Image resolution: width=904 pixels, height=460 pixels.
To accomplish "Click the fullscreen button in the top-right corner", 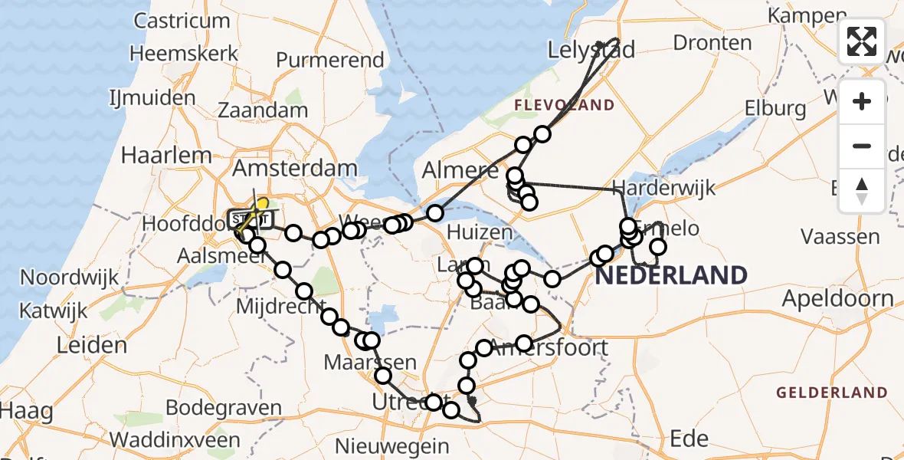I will click(862, 41).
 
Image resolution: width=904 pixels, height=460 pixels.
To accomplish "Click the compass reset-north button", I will click(862, 191).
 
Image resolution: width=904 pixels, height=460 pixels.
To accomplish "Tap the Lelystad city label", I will click(591, 51).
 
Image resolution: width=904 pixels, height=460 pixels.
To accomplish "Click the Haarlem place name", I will click(166, 156).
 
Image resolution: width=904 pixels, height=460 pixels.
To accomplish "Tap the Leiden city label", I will click(92, 345).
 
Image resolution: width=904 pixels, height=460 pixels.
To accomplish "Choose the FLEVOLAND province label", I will click(564, 105).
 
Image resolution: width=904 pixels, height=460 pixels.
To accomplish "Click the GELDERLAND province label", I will click(831, 393).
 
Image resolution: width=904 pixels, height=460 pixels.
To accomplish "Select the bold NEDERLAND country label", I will click(671, 274).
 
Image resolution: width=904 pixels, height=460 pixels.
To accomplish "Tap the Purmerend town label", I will click(329, 60).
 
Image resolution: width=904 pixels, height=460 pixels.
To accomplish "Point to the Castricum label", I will click(183, 20).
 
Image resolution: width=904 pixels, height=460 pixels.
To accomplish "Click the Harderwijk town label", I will click(663, 187).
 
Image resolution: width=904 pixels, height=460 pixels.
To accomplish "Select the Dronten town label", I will click(712, 41).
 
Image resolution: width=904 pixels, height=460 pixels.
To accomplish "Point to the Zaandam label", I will click(263, 110).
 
